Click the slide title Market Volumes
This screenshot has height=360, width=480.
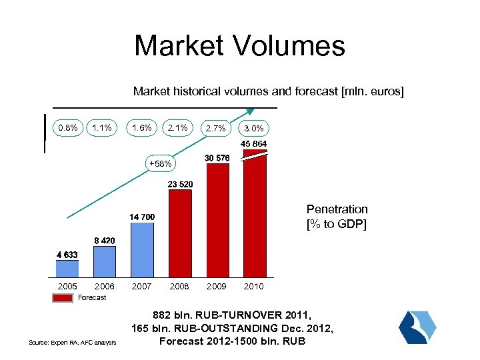coord(239,46)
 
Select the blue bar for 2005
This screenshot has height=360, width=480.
coord(67,268)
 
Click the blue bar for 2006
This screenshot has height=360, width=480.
coord(104,261)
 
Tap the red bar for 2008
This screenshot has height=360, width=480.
coord(180,233)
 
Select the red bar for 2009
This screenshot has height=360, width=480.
coord(217,220)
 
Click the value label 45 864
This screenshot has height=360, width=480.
coord(253,144)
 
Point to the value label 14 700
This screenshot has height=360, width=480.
coord(142,217)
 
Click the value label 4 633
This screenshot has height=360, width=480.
coord(67,254)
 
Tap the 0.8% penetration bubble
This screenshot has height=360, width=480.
coord(67,127)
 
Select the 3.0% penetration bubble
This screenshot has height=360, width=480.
coord(253,128)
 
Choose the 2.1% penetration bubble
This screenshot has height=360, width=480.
coord(178,127)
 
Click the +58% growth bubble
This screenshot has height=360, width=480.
coord(160,163)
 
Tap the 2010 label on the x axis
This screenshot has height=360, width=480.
coord(253,286)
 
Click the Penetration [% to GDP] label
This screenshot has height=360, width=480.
coord(337,216)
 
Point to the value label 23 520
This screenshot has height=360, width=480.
coord(180,184)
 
